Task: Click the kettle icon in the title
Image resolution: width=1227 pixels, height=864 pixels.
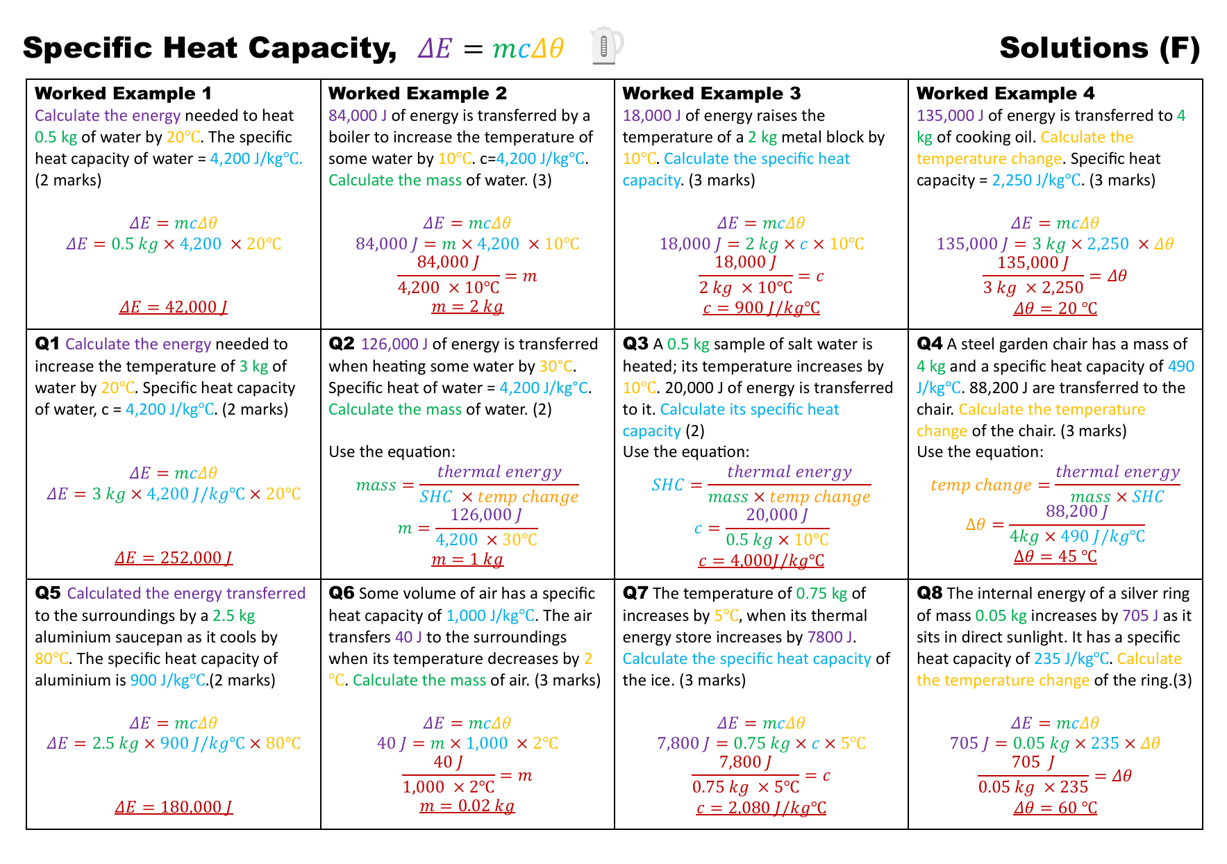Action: click(x=606, y=46)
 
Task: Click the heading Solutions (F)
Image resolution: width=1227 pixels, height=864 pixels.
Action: click(x=1100, y=48)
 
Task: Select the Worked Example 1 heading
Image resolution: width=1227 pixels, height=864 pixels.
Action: click(x=123, y=93)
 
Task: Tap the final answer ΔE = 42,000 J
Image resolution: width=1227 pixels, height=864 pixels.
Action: click(x=174, y=307)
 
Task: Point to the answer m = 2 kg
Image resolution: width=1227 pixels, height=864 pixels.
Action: click(x=467, y=307)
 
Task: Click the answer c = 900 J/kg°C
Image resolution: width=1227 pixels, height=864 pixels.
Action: click(x=761, y=308)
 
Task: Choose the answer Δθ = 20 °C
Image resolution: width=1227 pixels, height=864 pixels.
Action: click(x=1055, y=308)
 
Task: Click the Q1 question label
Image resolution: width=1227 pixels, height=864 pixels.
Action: click(x=47, y=344)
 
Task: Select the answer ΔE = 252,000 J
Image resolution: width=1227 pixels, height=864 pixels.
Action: click(x=174, y=558)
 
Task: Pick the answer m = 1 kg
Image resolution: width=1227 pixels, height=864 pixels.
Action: click(x=467, y=559)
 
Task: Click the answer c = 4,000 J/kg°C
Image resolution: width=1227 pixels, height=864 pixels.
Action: click(x=761, y=560)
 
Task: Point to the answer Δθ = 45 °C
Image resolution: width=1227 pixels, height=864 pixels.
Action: click(x=1055, y=556)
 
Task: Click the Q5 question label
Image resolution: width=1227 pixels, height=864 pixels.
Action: click(x=48, y=593)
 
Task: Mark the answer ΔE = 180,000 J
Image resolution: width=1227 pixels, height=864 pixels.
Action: click(x=174, y=807)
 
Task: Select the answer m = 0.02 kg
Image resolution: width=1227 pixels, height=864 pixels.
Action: click(x=467, y=806)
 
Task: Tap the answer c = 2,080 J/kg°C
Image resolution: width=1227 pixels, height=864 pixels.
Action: click(x=761, y=808)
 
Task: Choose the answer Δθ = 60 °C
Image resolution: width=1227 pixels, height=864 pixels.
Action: click(x=1055, y=808)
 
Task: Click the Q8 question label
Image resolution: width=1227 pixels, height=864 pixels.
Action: click(x=930, y=593)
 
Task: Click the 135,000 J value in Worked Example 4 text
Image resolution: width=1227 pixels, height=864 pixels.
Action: click(x=950, y=115)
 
